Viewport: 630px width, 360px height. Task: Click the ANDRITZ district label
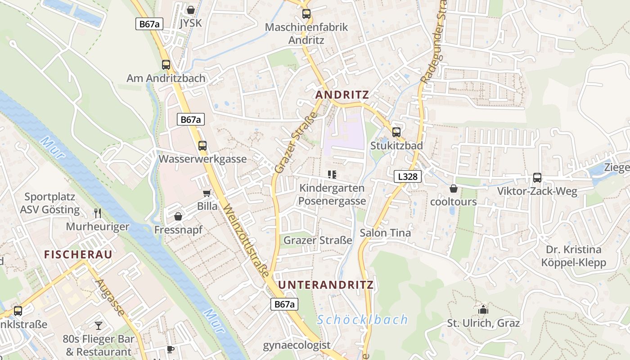(x=342, y=95)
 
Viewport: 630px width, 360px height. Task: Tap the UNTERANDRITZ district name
(x=326, y=285)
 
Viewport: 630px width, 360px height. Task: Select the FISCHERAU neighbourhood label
(x=78, y=254)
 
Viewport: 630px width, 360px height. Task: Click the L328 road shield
(x=408, y=176)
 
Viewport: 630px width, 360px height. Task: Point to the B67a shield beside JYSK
(x=149, y=24)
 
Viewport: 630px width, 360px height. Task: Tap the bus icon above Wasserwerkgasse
(x=202, y=146)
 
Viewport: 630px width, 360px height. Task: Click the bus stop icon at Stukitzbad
(x=396, y=132)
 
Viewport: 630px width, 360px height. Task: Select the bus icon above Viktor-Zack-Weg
(x=537, y=178)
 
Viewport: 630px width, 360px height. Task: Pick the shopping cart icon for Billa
(x=207, y=193)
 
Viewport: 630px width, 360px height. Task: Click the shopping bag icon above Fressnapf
(x=178, y=216)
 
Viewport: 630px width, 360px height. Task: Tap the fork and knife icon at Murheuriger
(x=97, y=213)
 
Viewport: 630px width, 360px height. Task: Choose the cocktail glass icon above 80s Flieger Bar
(x=99, y=325)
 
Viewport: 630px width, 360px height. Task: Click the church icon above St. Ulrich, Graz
(x=483, y=310)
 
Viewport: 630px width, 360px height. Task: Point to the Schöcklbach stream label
(x=362, y=320)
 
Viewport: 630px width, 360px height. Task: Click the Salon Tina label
(x=385, y=233)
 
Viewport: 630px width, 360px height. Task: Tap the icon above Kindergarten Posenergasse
(x=332, y=175)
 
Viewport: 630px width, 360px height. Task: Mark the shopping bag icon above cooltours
(x=453, y=189)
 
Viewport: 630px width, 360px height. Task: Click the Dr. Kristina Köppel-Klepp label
(x=573, y=256)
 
